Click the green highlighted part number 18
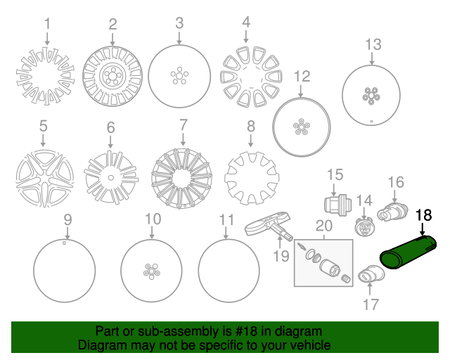coord(408,252)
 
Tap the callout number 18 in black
coord(423,215)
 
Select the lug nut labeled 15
coord(337,205)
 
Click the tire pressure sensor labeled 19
coord(269,227)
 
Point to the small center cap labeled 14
coord(364,226)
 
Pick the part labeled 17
coord(371,274)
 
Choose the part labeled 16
coord(392,212)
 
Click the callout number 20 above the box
coord(323,226)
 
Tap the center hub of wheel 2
coord(112,76)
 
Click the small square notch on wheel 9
coord(64,243)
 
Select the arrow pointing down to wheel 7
coord(183,139)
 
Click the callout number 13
coord(373,44)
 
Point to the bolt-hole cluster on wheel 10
coord(152,271)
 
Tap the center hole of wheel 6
coord(111,178)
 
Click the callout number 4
coord(246,22)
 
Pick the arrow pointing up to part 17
coord(370,289)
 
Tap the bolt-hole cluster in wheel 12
coord(301,127)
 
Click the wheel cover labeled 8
coord(252,179)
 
